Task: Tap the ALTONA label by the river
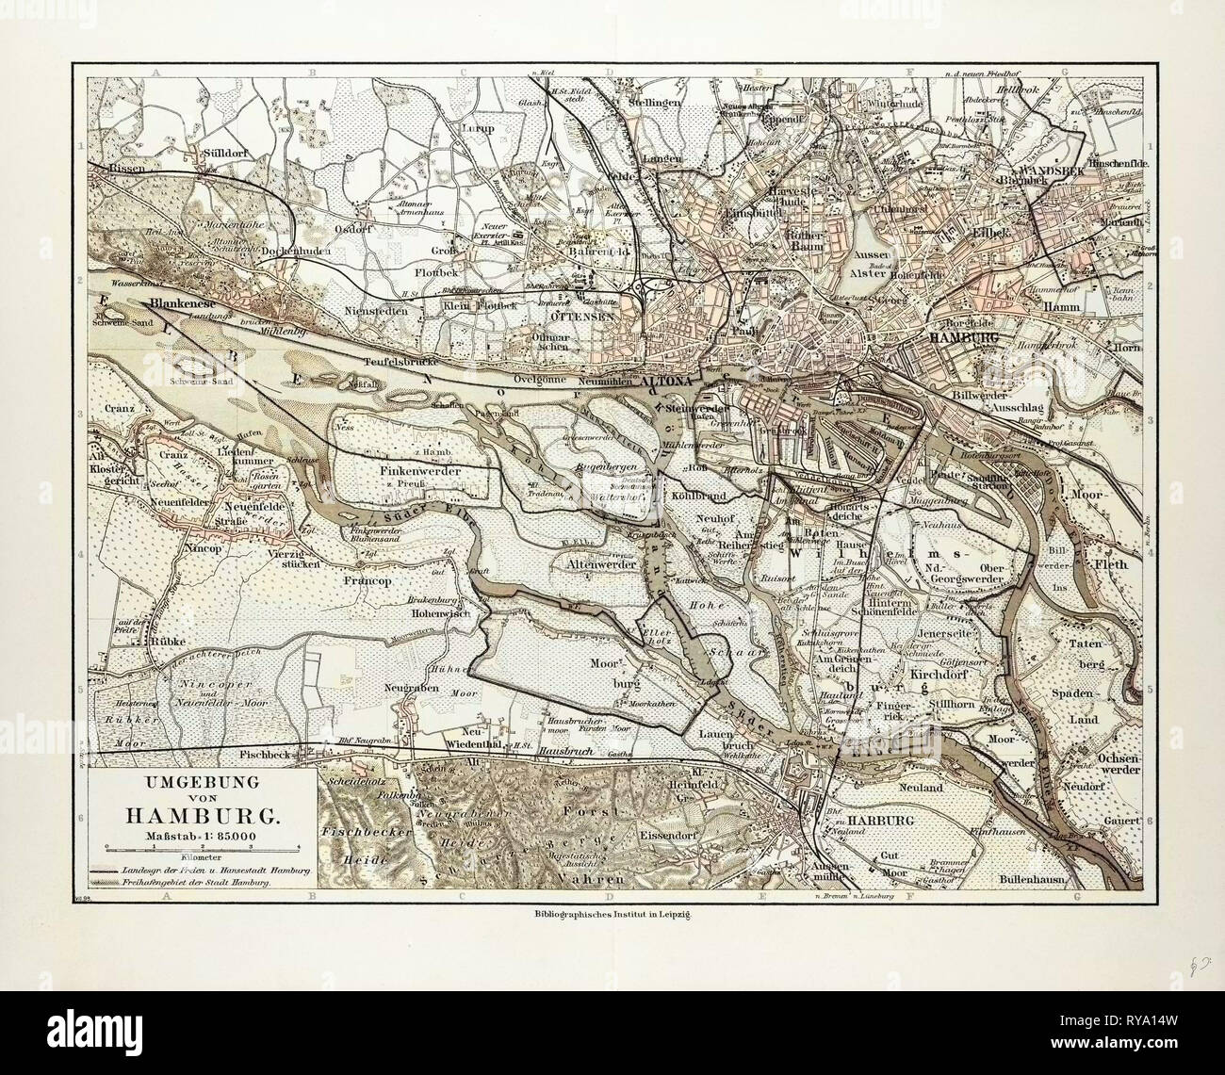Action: point(669,384)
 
